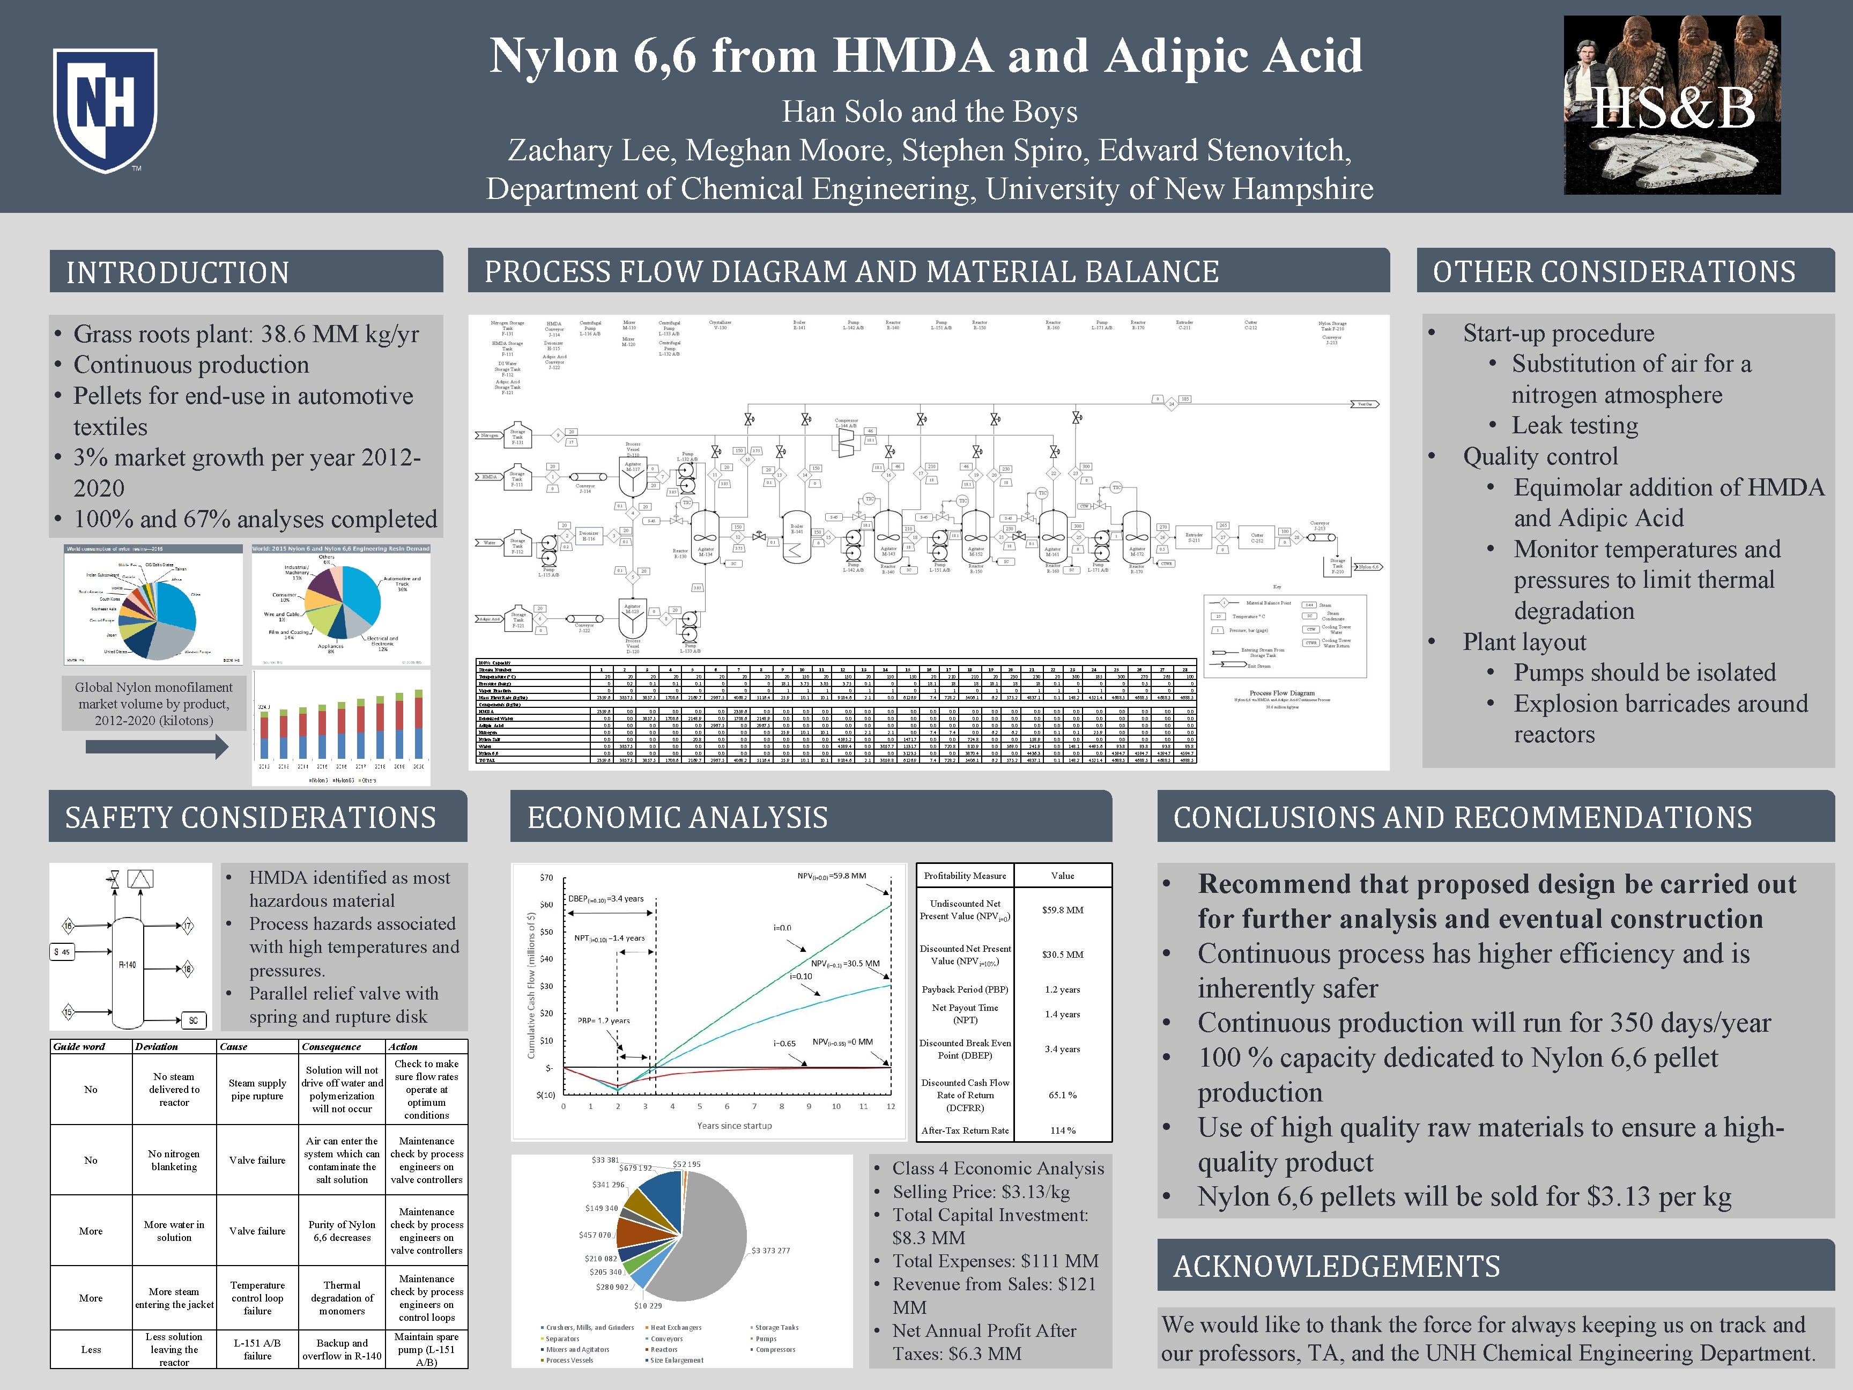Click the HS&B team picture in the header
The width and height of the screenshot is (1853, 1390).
pos(1672,106)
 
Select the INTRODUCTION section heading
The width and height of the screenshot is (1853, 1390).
pos(177,272)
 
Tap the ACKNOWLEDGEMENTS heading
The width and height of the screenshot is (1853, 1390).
pos(1336,1266)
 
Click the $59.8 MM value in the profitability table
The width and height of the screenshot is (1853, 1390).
pos(1062,910)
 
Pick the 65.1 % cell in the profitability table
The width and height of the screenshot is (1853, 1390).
pos(1062,1095)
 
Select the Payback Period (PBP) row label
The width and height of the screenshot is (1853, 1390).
pos(965,989)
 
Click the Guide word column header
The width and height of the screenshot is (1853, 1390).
pos(79,1046)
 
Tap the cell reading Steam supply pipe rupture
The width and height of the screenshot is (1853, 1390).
pos(257,1089)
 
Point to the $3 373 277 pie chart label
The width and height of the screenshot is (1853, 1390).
pos(782,1251)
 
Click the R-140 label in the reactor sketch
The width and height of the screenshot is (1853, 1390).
pos(127,964)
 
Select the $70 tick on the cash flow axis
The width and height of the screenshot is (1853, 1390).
pos(546,878)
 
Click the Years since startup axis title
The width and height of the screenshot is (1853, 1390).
pos(734,1125)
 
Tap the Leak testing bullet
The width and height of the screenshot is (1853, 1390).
pos(1574,426)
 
